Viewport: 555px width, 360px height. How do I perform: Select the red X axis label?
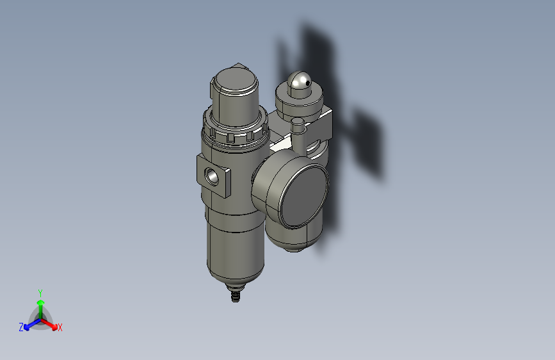pos(60,327)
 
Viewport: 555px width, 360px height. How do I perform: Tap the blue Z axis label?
pos(21,327)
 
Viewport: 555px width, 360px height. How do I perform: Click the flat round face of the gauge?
pos(303,194)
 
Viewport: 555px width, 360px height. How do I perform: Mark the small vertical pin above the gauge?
pos(297,126)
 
